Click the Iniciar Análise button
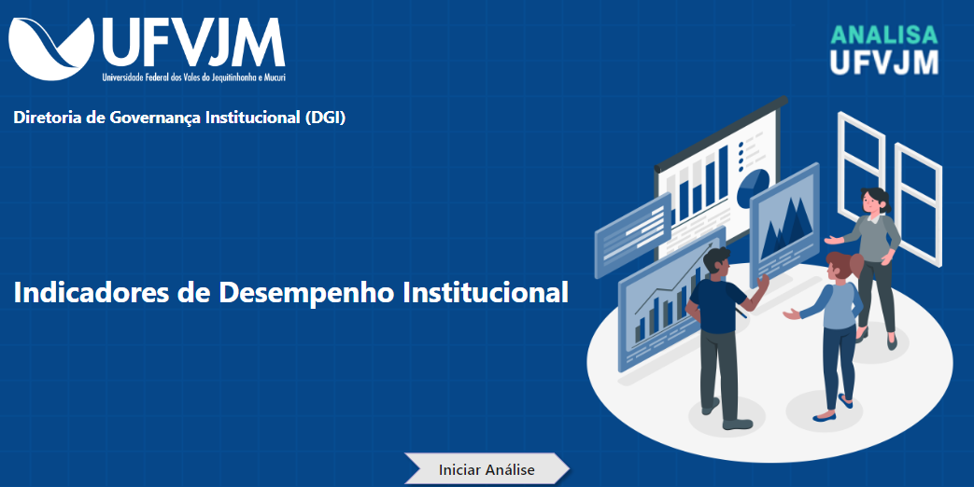pos(487,469)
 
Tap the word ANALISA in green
pos(884,35)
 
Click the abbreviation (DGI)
pos(325,118)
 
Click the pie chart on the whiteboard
pos(752,188)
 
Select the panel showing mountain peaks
pos(784,224)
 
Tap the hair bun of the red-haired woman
pos(857,264)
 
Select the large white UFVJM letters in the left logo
pos(193,43)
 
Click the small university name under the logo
pos(194,77)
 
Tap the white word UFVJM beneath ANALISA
pos(884,62)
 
